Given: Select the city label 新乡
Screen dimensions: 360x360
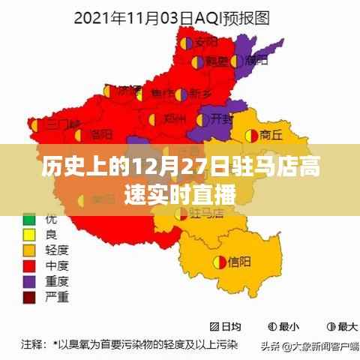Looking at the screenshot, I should (200, 93).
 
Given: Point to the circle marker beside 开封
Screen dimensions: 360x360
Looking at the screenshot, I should (204, 118).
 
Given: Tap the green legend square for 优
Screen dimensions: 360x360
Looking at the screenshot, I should (29, 220).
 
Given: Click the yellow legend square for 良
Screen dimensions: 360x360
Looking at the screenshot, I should (29, 234).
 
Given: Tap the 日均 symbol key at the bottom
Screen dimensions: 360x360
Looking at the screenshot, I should (224, 327).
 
